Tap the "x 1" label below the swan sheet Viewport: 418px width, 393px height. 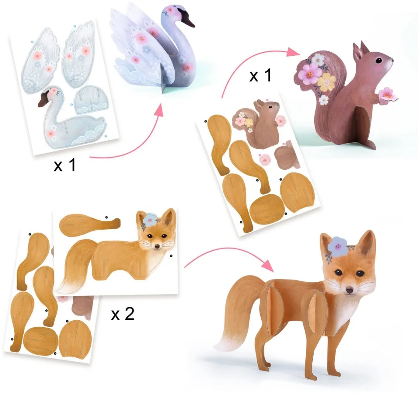point(65,165)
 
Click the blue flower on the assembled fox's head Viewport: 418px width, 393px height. point(338,245)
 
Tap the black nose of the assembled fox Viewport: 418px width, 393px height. point(349,290)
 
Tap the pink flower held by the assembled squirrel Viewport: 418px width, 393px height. point(387,93)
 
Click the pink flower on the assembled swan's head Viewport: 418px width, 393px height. point(169,11)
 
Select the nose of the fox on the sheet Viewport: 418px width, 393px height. point(157,247)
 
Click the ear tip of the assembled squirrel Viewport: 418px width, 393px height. point(362,42)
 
